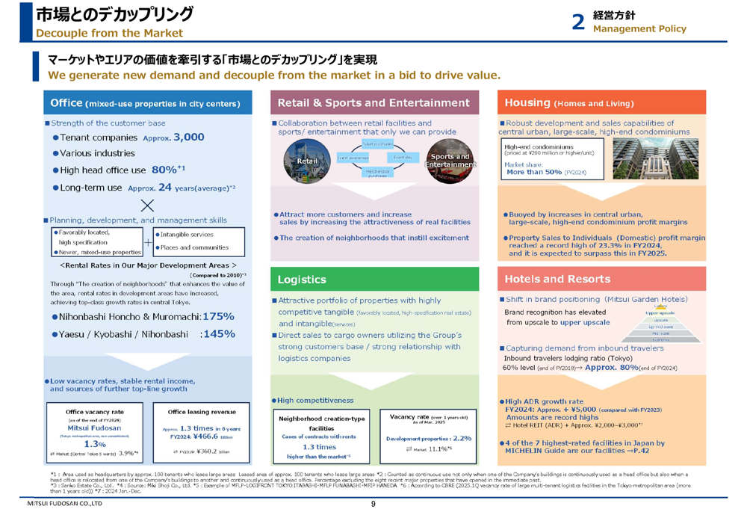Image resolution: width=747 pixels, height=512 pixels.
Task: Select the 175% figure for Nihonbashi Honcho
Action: [x=213, y=317]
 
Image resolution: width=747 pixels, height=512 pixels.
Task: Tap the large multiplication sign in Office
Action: [x=148, y=204]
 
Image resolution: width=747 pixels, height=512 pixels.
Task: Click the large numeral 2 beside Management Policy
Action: [x=577, y=22]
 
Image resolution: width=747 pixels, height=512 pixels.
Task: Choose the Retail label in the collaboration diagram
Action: [x=307, y=160]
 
